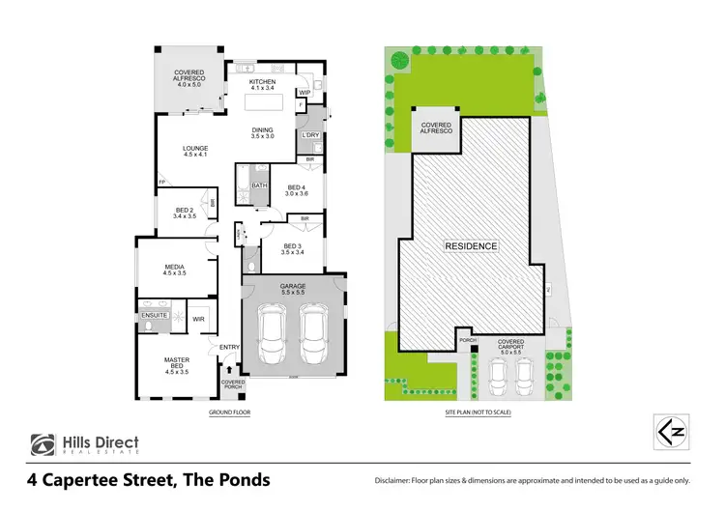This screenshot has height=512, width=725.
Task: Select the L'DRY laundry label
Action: tap(309, 135)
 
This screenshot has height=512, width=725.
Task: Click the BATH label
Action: tap(259, 185)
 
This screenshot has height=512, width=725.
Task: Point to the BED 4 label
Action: tap(296, 189)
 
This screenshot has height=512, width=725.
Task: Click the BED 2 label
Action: tap(186, 213)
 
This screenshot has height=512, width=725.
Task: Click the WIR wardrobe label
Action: tap(198, 318)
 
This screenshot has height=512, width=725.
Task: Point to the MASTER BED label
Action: tap(176, 363)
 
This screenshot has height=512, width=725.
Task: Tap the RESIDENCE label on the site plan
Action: tap(471, 245)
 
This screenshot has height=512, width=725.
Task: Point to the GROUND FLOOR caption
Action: tap(230, 412)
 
